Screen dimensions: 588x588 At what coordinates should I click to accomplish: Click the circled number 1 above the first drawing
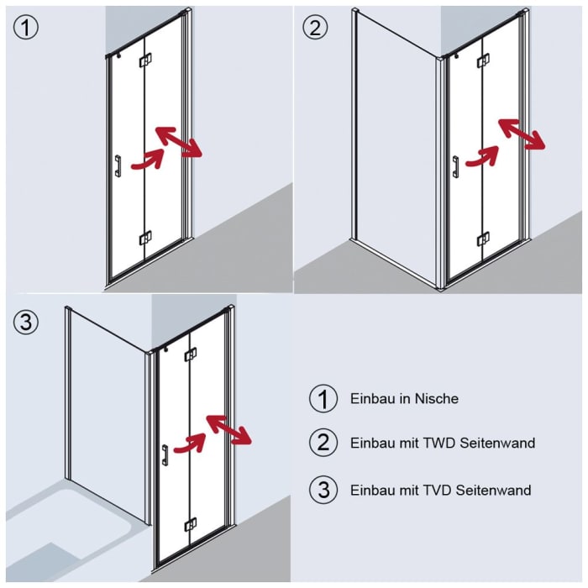[x=26, y=28]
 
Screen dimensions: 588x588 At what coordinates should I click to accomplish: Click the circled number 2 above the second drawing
[x=315, y=28]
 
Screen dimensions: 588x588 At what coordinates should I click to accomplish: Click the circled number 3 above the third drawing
[x=26, y=322]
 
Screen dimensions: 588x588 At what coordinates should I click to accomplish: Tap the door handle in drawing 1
[x=118, y=166]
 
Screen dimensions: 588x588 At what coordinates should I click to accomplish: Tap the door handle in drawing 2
[x=455, y=167]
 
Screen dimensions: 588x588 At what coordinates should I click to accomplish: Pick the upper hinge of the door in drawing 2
[x=482, y=60]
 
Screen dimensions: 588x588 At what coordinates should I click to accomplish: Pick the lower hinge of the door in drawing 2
[x=482, y=239]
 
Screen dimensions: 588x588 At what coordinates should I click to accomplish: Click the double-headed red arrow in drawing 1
[x=178, y=142]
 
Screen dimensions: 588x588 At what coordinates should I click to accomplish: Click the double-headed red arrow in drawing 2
[x=522, y=134]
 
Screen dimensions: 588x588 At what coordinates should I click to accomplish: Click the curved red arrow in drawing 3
[x=192, y=443]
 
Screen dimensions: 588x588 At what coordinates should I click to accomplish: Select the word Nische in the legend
[x=437, y=399]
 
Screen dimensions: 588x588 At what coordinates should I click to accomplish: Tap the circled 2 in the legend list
[x=323, y=443]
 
